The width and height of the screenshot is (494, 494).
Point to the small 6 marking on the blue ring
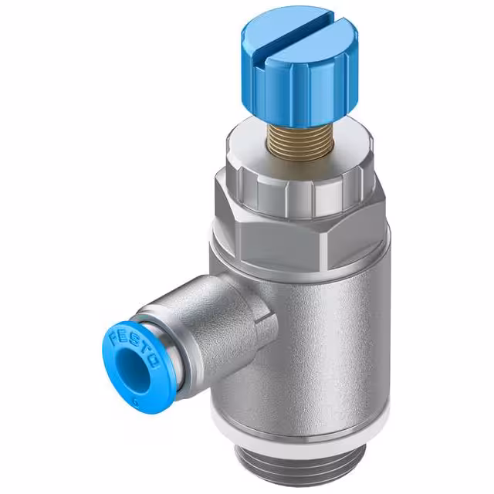[x=137, y=399]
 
